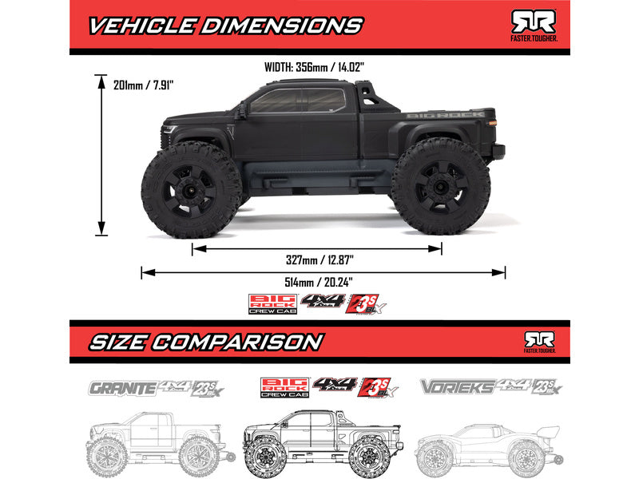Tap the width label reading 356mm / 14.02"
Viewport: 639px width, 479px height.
pos(320,67)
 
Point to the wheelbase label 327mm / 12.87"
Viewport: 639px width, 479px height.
pos(318,259)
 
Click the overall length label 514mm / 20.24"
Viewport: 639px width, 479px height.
pos(319,282)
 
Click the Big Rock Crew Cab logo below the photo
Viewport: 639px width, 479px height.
pos(273,304)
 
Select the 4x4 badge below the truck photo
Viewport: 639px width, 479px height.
pos(322,302)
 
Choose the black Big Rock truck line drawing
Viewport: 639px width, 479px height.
pos(316,442)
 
